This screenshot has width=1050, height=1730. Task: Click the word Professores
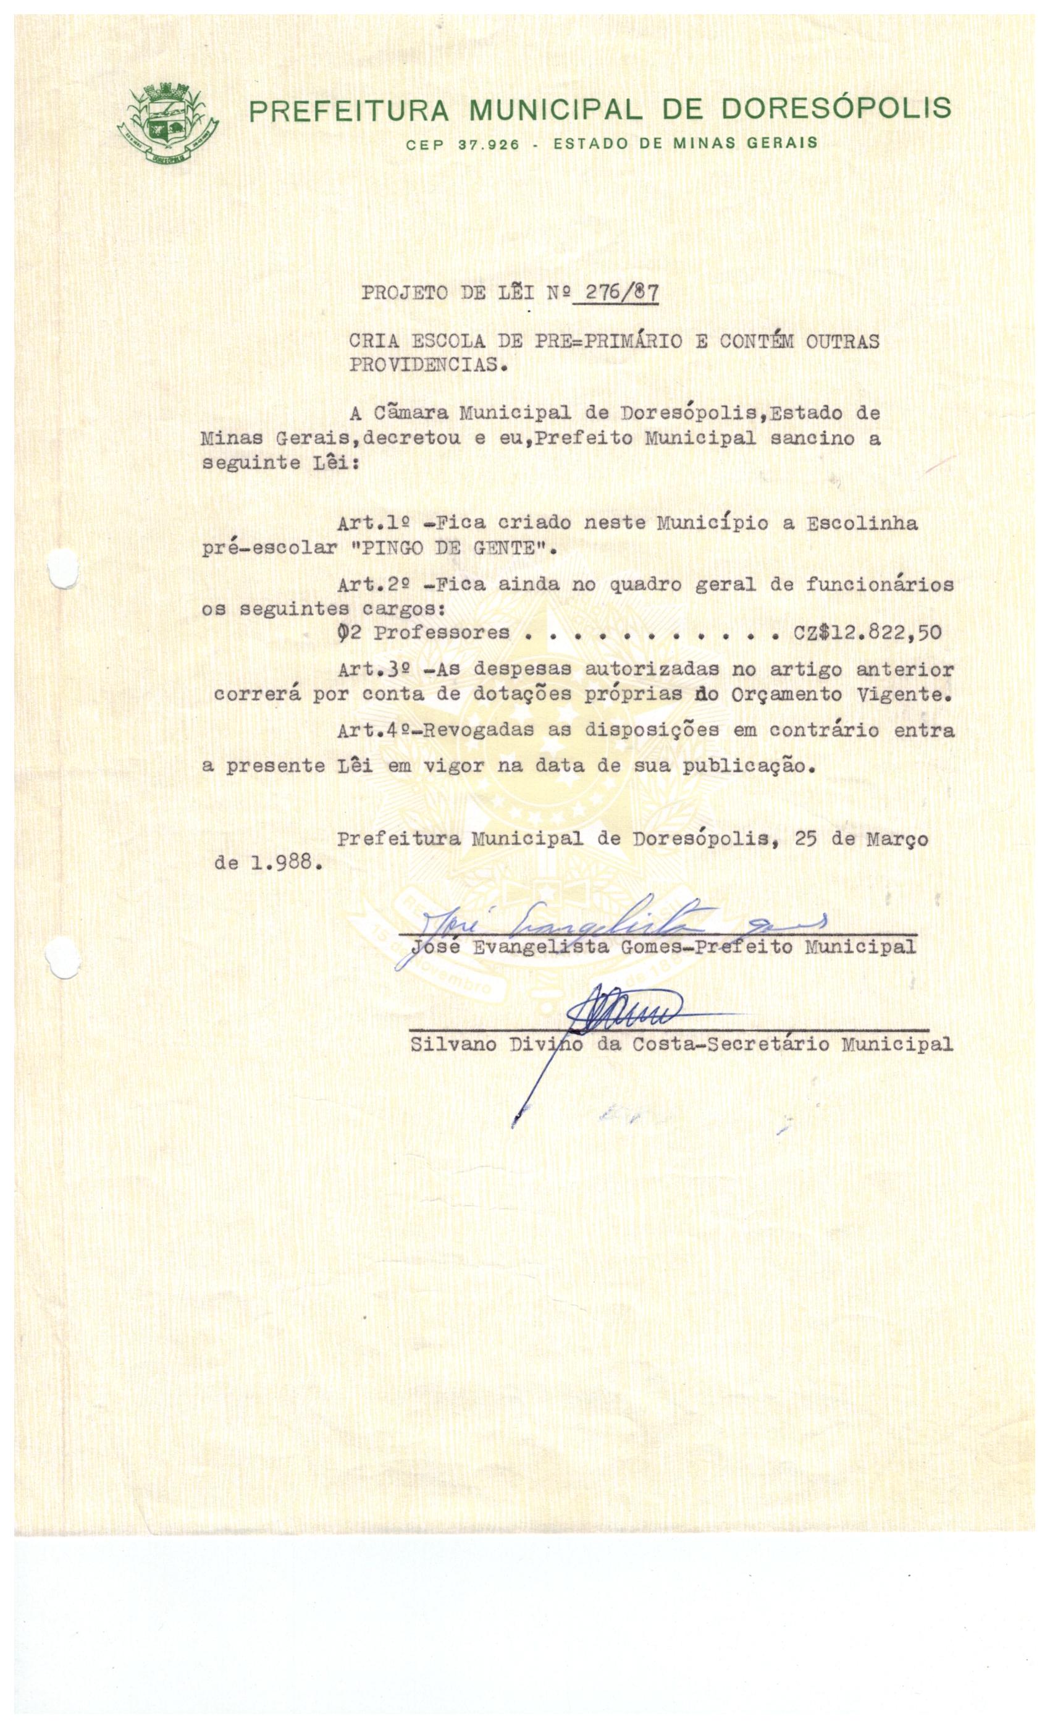(442, 632)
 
